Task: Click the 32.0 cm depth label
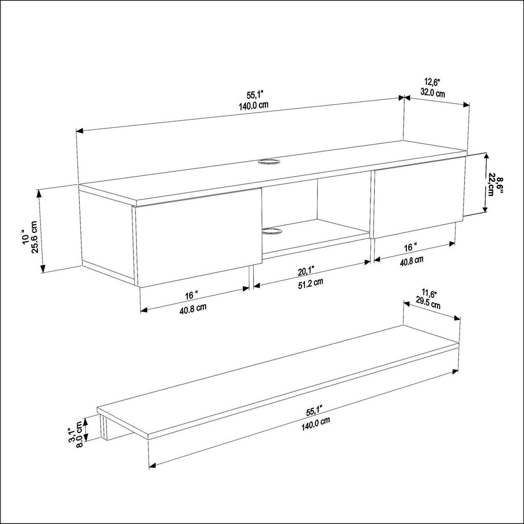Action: pos(432,93)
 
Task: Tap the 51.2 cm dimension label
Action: pos(311,282)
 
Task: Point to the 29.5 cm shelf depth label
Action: pos(428,304)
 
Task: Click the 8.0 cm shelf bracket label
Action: pos(79,434)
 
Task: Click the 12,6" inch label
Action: pos(433,82)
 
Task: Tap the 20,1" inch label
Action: pos(306,271)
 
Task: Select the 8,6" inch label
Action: pos(499,184)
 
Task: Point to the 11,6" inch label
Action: pos(429,294)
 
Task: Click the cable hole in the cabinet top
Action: pos(269,162)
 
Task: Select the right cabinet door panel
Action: pos(419,197)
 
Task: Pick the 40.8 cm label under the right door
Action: pos(412,260)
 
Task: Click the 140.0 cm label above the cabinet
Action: pos(253,106)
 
